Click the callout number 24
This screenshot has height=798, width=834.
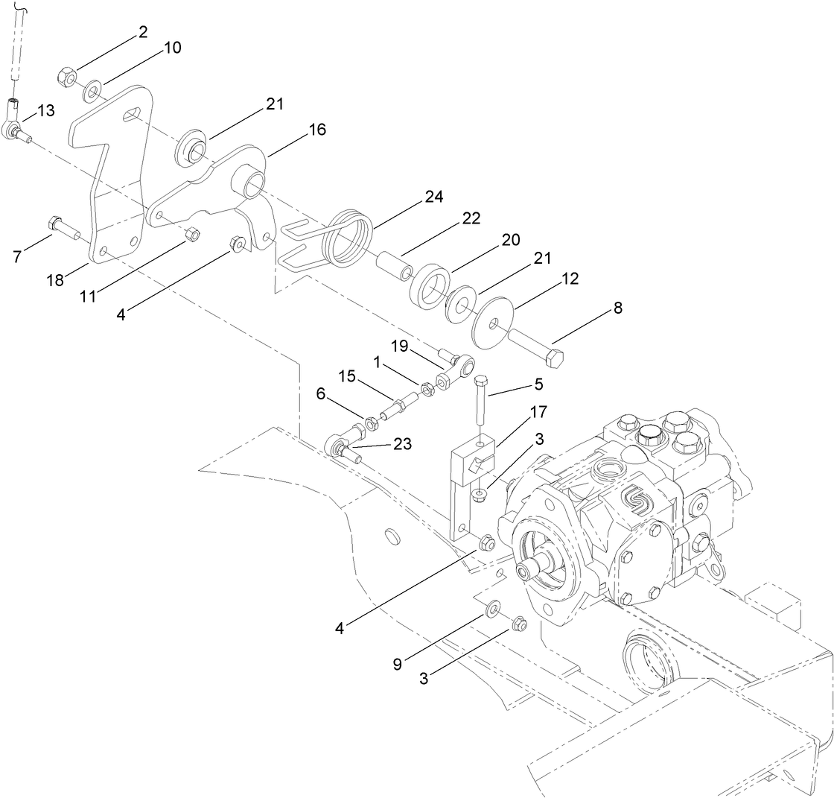tap(433, 197)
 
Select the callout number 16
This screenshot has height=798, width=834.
tap(317, 130)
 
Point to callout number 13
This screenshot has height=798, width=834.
tap(46, 111)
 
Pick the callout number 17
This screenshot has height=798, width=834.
tap(538, 411)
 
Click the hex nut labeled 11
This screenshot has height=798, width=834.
tap(191, 235)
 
